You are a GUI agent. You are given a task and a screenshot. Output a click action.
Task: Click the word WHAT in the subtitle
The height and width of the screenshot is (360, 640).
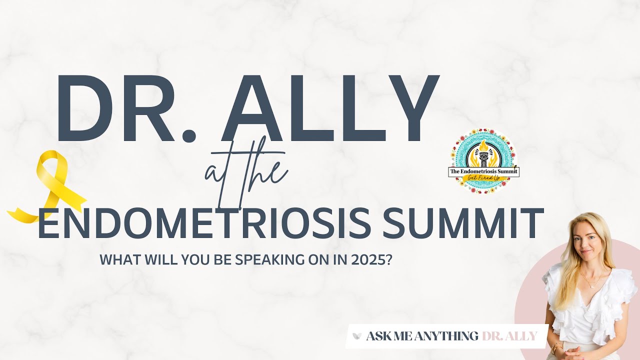[116, 260]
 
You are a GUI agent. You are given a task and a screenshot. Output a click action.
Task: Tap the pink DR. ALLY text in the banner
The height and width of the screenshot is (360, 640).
[509, 336]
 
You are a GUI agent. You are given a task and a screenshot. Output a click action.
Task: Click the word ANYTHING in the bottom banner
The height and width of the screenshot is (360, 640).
[448, 336]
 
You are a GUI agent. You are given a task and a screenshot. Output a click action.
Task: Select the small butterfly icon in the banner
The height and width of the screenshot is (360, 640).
[357, 336]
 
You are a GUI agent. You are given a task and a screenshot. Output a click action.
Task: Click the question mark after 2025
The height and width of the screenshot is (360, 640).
[388, 260]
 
